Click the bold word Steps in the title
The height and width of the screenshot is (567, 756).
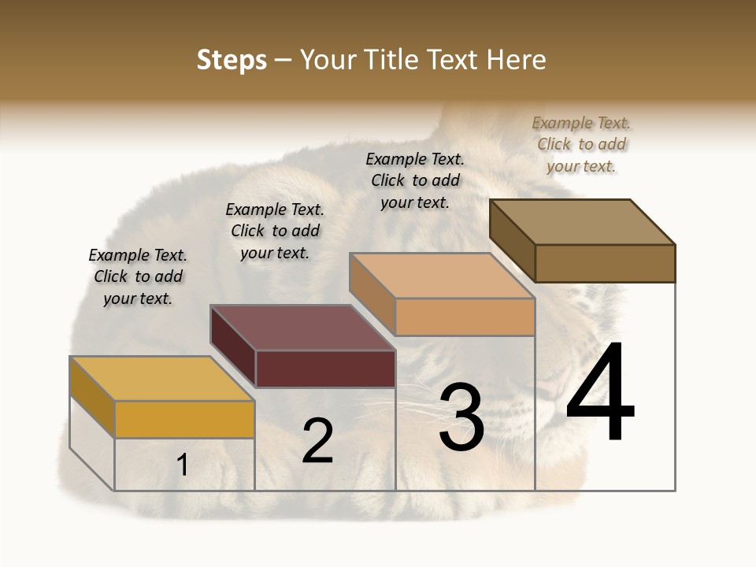[232, 60]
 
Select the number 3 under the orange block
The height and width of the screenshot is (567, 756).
[461, 417]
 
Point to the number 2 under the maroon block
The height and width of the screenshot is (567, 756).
[317, 441]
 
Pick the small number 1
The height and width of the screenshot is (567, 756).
[183, 465]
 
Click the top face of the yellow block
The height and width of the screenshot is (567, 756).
[162, 379]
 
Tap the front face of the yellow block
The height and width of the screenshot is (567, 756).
[184, 419]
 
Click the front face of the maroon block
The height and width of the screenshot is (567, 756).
[325, 369]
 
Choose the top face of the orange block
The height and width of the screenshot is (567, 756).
[442, 276]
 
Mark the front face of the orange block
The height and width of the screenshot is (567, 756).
[465, 317]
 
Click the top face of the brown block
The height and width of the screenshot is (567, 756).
[582, 222]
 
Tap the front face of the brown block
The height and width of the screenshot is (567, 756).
[605, 263]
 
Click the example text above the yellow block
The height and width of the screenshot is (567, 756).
[138, 277]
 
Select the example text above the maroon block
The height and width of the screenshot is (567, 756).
[275, 232]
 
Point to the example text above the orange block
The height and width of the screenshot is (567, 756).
[415, 181]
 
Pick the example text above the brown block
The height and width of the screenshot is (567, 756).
[581, 145]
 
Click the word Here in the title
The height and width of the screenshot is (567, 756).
[517, 60]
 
